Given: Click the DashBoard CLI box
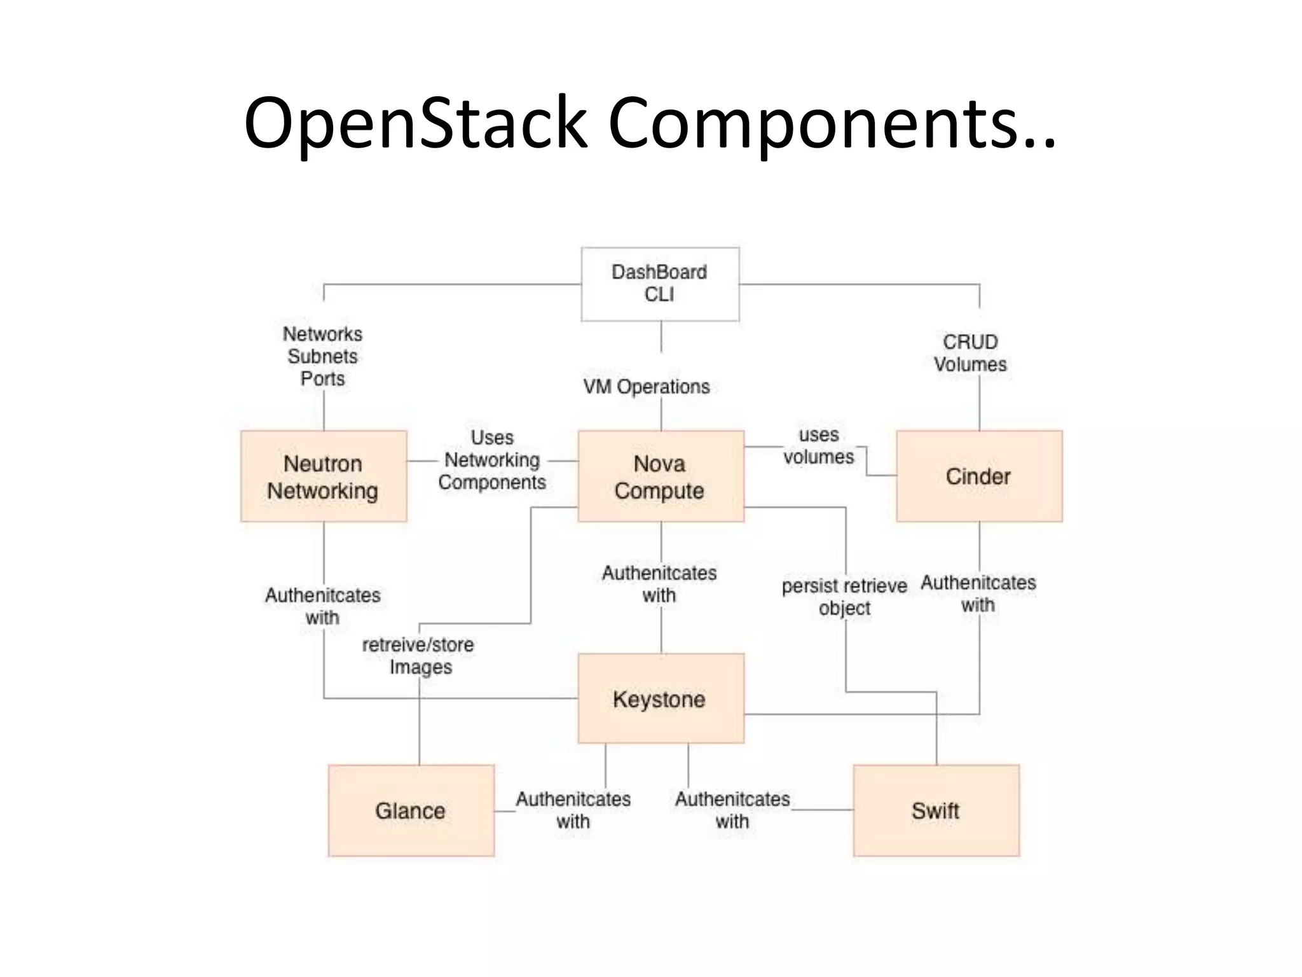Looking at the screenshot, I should tap(660, 284).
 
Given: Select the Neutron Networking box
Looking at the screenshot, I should tap(324, 476).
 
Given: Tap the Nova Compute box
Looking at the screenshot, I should tap(661, 476).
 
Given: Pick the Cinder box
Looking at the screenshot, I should tap(978, 476).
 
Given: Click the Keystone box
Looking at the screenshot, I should tap(661, 698).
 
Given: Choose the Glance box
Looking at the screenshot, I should tap(411, 810).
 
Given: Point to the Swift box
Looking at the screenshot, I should tap(936, 810).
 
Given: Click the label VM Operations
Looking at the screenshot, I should tap(647, 387).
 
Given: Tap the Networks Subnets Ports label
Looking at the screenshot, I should tap(323, 356).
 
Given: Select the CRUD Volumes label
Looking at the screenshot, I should tap(970, 353).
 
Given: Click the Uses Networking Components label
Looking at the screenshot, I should tap(492, 460).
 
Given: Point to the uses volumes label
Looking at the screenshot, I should tap(819, 446).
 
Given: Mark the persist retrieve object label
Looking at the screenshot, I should tap(844, 597).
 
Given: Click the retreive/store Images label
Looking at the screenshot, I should tap(418, 656).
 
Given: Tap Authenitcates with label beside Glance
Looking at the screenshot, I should tap(573, 810).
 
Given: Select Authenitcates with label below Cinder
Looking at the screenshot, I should tap(978, 593).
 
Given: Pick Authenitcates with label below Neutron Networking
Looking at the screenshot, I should tap(323, 606).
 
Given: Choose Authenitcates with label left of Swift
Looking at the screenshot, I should tap(732, 810).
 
